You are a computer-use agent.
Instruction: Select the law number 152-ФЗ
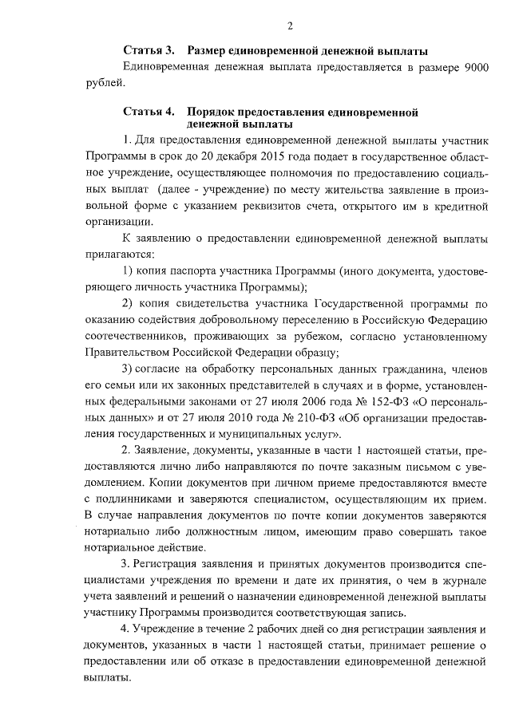tap(378, 401)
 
